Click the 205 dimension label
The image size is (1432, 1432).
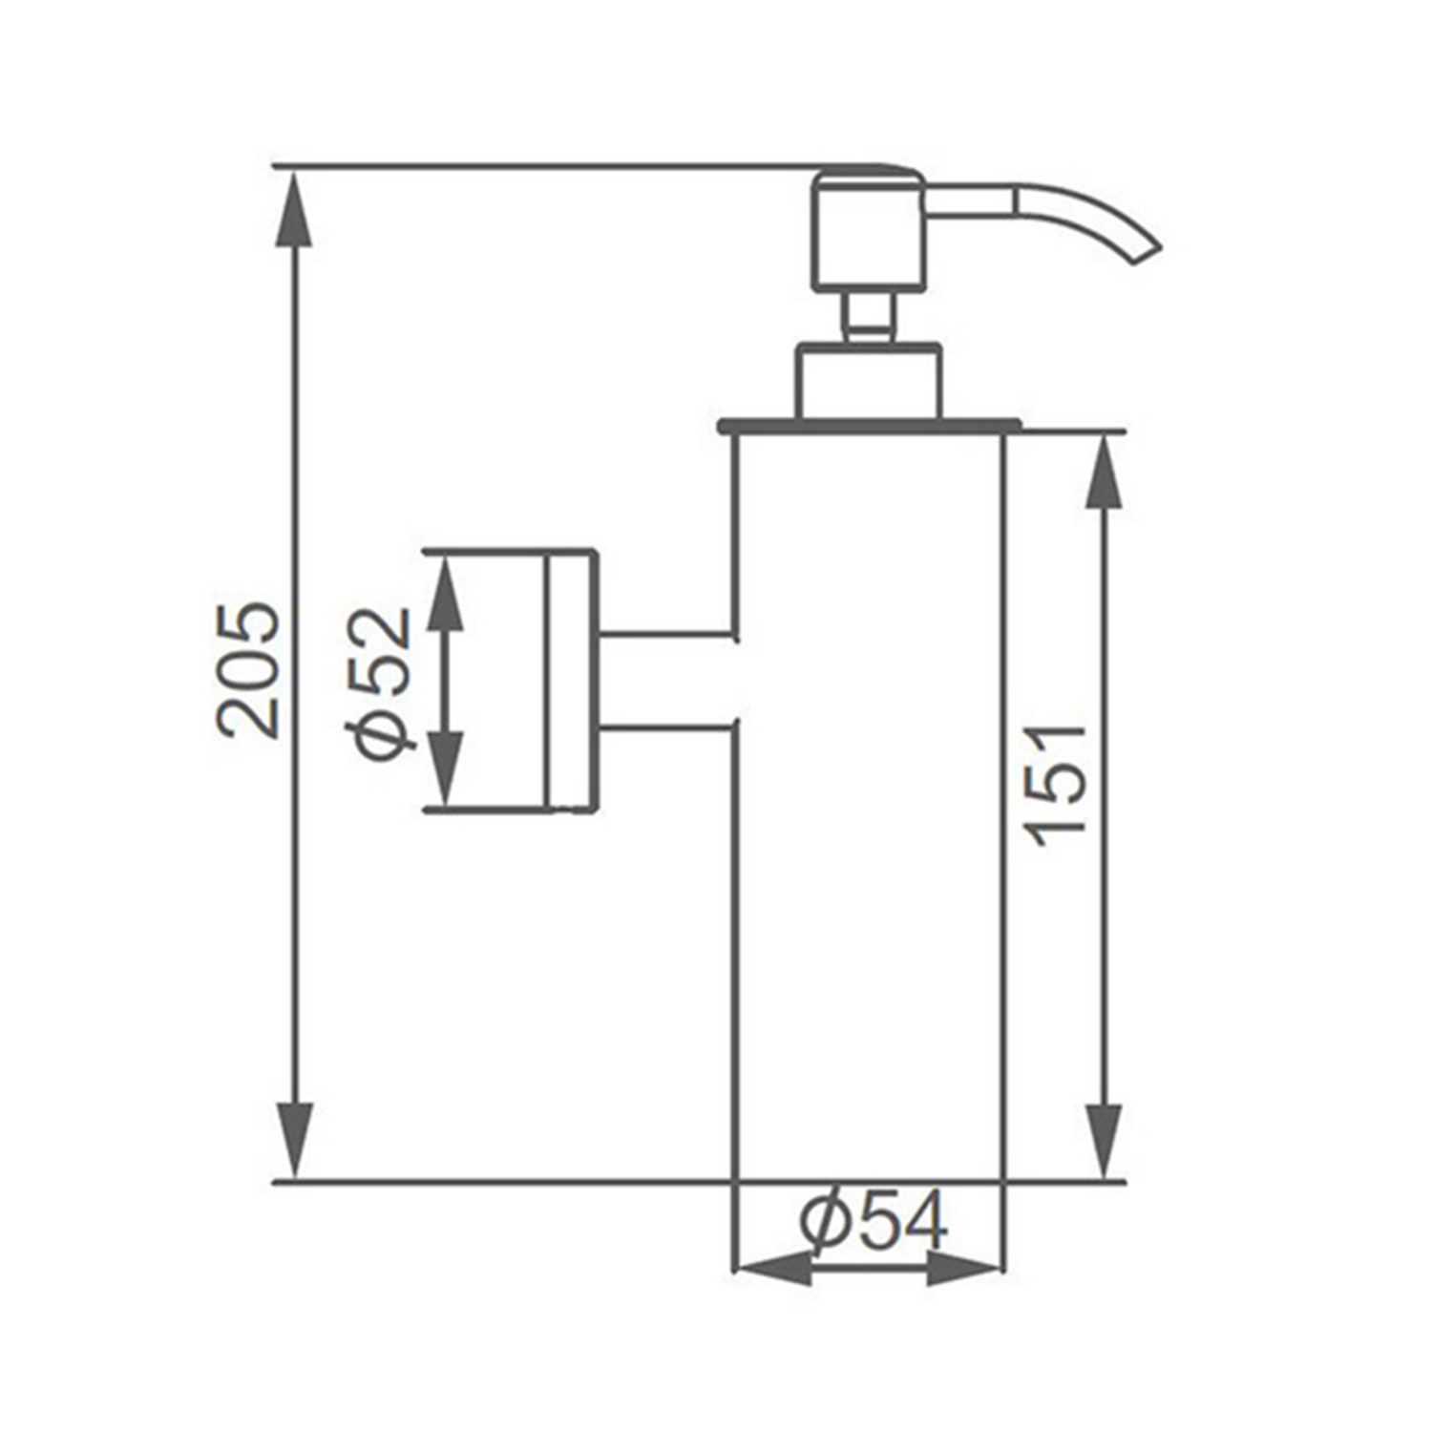[x=250, y=670]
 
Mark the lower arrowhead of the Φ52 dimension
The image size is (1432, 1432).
[x=445, y=769]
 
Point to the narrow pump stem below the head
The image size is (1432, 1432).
[x=870, y=316]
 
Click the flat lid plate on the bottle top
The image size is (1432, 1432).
[x=870, y=425]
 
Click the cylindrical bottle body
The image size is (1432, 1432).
[x=870, y=811]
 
